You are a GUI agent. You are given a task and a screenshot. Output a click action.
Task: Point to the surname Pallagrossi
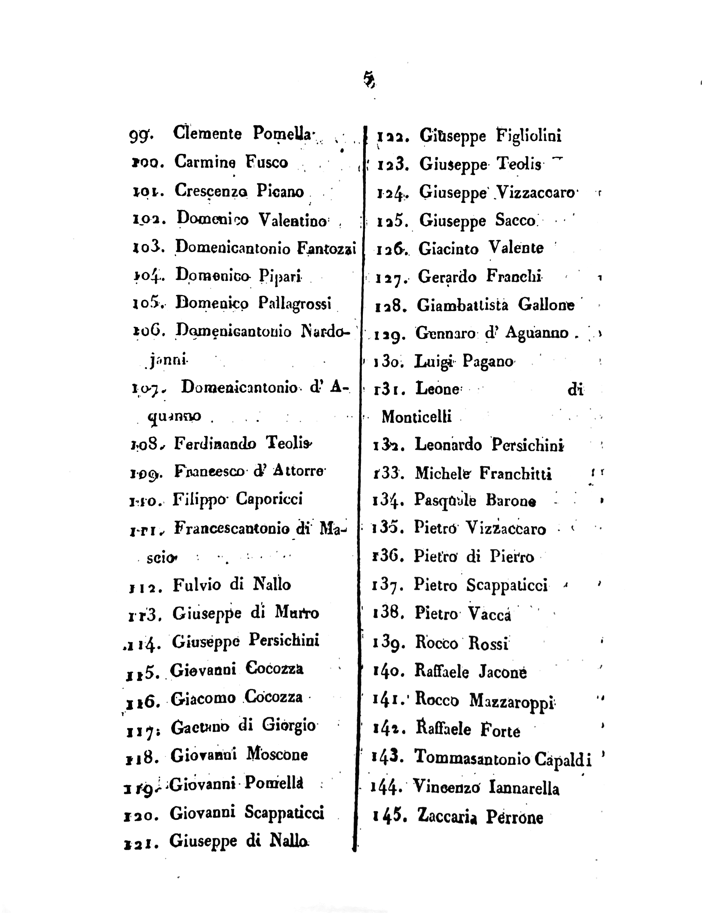coord(295,303)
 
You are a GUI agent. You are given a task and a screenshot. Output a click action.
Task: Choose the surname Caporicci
coord(269,499)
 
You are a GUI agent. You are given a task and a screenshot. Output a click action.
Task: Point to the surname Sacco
coord(516,220)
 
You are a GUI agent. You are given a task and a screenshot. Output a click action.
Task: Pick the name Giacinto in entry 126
coord(448,249)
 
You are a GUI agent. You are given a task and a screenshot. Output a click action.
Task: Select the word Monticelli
coord(416,417)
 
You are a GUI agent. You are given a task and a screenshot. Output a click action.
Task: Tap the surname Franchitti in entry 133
coord(516,474)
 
